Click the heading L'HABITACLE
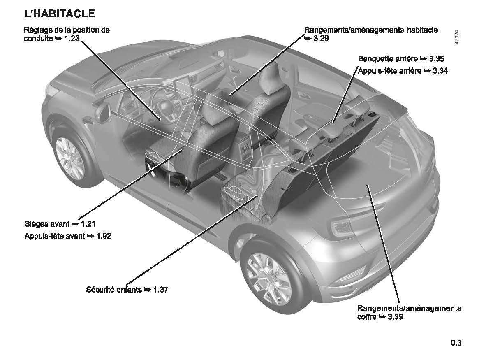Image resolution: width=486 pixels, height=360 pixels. [60, 14]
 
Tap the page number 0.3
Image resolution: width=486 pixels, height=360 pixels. [456, 343]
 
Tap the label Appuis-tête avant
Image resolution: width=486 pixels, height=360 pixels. [55, 236]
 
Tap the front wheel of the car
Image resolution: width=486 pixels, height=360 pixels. [69, 158]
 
